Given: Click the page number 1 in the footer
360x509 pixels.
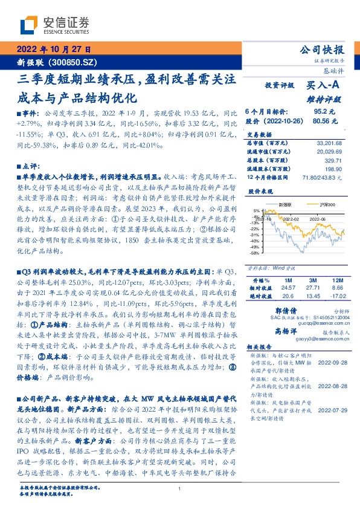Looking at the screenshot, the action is point(180,488).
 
